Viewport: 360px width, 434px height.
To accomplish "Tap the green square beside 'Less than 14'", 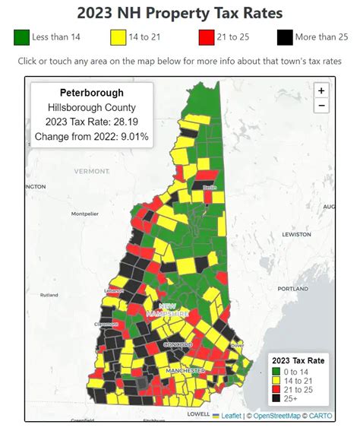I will [21, 36].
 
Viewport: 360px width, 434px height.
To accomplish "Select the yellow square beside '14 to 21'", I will [118, 36].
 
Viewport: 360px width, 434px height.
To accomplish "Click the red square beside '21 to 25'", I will [206, 36].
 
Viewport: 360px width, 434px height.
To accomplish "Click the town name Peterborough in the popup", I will [91, 93].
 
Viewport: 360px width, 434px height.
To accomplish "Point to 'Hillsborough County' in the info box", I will [91, 108].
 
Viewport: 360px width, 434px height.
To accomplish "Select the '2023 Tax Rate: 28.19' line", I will [91, 122].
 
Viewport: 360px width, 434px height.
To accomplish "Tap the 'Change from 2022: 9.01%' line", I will [91, 137].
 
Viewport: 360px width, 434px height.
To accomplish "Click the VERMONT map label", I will [93, 171].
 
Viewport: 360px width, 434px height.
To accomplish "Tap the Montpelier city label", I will [85, 214].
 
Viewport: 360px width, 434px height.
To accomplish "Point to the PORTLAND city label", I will [292, 289].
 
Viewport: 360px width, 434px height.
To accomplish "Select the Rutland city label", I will [49, 295].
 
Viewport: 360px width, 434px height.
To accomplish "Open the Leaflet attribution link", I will [229, 415].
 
